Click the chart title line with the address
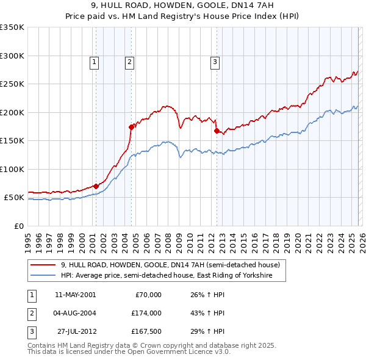(183, 5)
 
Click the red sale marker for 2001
(96, 186)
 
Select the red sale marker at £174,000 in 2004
(131, 127)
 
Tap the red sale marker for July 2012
(217, 131)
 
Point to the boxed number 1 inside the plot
(95, 61)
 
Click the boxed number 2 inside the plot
(131, 61)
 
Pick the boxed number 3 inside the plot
(215, 61)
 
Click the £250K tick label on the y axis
(12, 84)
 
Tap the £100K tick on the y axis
(12, 170)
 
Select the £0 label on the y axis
(18, 226)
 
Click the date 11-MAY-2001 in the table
(76, 295)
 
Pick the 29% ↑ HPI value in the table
(208, 331)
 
